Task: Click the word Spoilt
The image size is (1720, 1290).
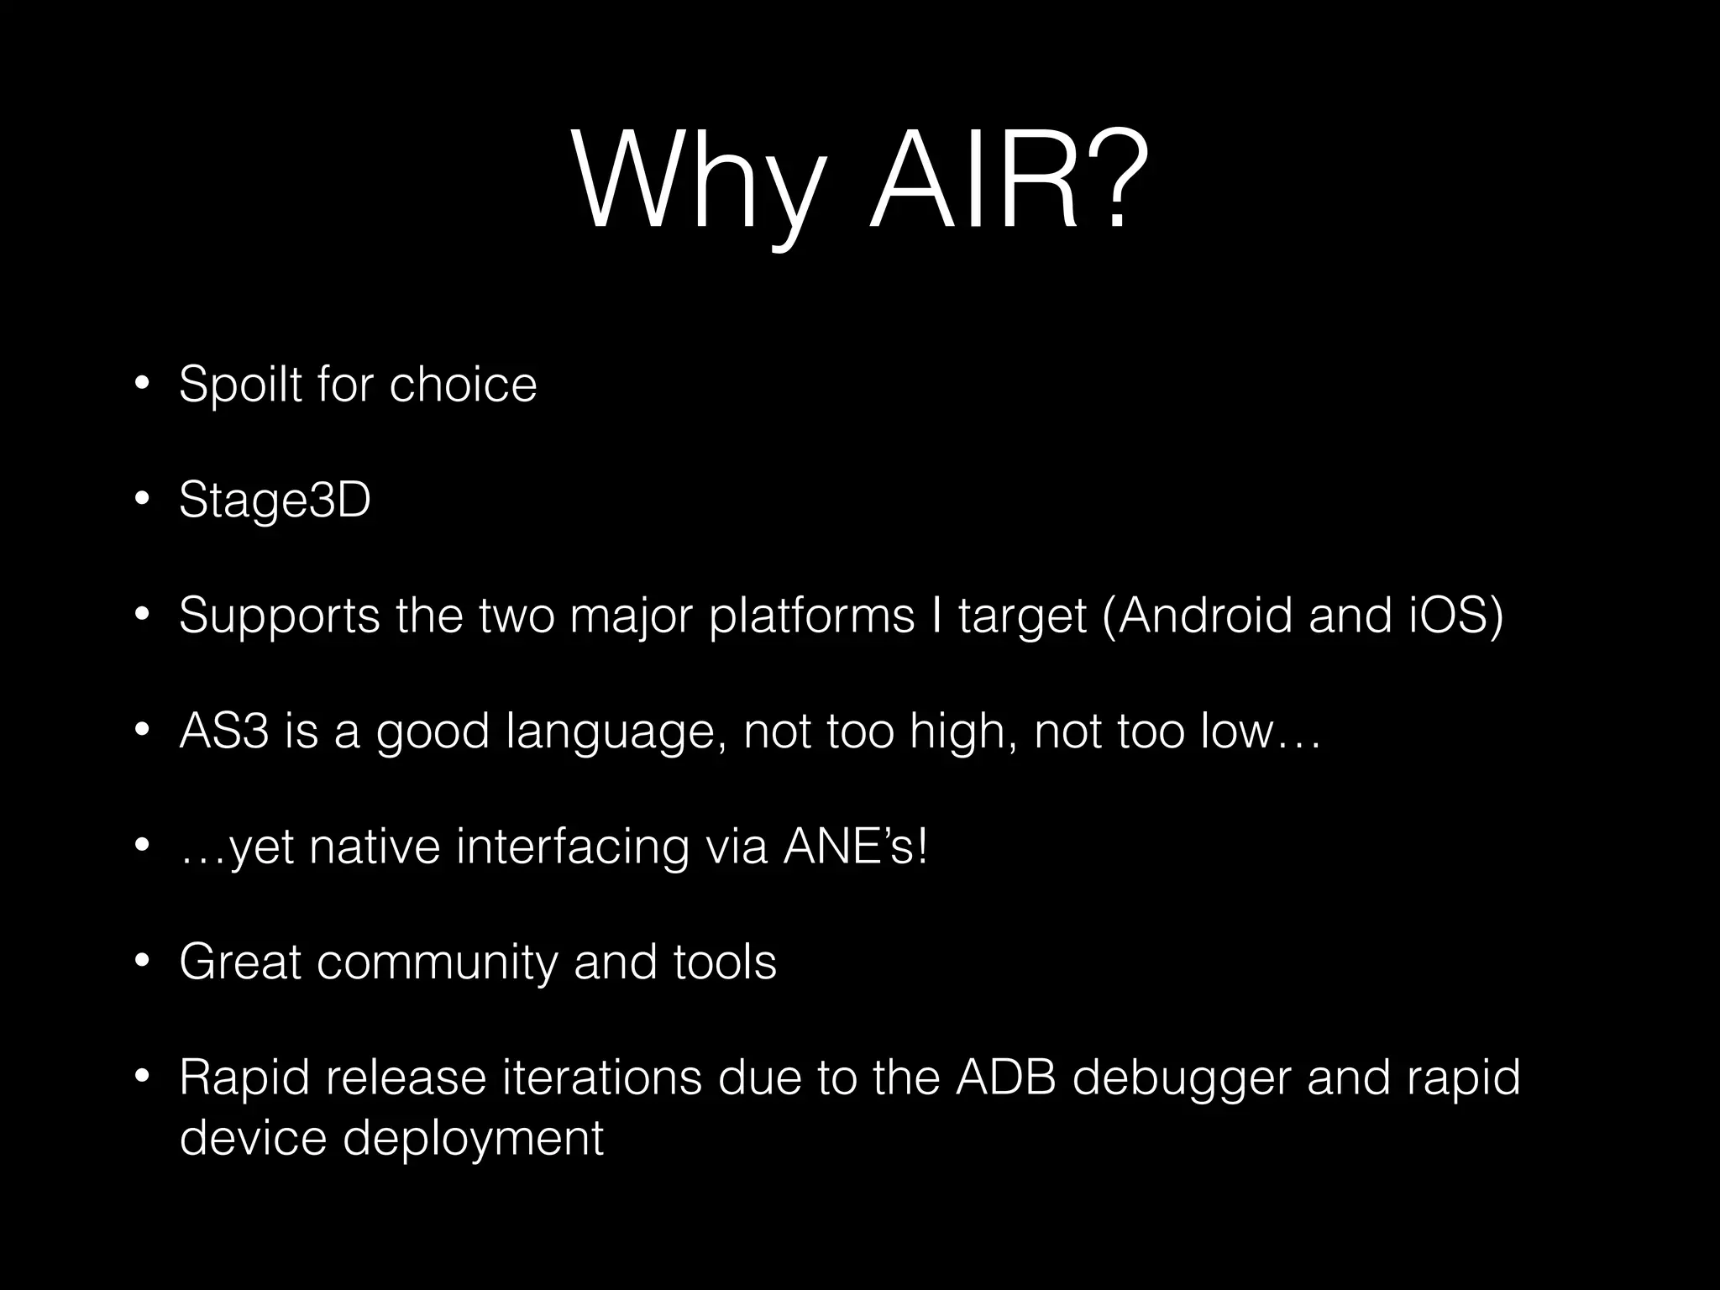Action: tap(241, 385)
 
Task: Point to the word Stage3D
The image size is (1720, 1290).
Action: tap(275, 501)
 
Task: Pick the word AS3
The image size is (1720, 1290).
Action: tap(224, 731)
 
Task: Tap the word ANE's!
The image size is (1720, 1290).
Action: tap(856, 847)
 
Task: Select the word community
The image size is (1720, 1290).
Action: tap(437, 963)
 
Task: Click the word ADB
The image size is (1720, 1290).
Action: tap(1006, 1078)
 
